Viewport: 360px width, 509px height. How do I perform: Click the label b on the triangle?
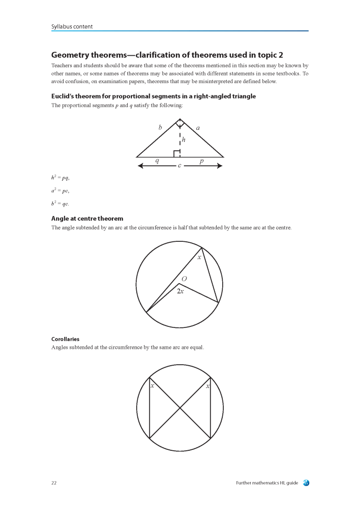click(160, 128)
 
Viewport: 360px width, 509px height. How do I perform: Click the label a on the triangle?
click(198, 128)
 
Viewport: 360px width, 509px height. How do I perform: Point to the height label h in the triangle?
click(183, 140)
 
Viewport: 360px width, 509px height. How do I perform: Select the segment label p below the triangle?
click(201, 161)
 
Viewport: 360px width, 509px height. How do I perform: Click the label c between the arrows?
click(180, 166)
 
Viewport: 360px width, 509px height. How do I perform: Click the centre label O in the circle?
click(184, 279)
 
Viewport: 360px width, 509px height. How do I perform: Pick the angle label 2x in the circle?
click(180, 291)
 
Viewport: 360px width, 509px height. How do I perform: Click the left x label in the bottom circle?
click(152, 386)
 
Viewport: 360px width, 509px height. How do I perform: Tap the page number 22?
click(54, 483)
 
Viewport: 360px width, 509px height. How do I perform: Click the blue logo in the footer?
click(306, 483)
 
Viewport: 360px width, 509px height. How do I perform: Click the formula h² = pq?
click(60, 178)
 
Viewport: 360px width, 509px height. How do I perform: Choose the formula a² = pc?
click(60, 191)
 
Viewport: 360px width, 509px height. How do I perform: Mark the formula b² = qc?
click(60, 204)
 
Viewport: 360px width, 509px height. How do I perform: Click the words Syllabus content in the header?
click(72, 26)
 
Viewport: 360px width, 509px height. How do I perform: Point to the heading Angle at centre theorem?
click(87, 218)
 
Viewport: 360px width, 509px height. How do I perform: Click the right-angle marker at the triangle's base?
click(177, 154)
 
